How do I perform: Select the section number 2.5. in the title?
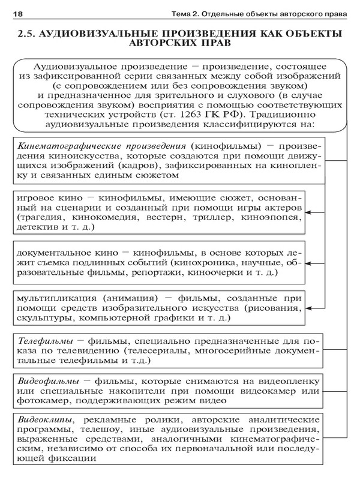[27, 34]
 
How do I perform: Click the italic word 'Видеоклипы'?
[45, 418]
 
